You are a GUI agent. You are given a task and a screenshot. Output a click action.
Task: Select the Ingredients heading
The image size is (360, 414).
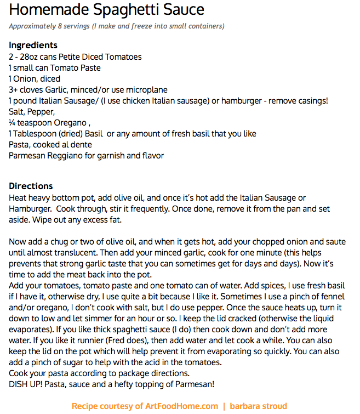(x=33, y=46)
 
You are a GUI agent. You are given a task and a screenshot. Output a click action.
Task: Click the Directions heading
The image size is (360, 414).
(x=31, y=186)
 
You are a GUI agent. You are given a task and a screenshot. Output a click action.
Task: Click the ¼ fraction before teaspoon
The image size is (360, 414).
(x=12, y=123)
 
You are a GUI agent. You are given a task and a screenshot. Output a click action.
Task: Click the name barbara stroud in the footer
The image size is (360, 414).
(x=258, y=406)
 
